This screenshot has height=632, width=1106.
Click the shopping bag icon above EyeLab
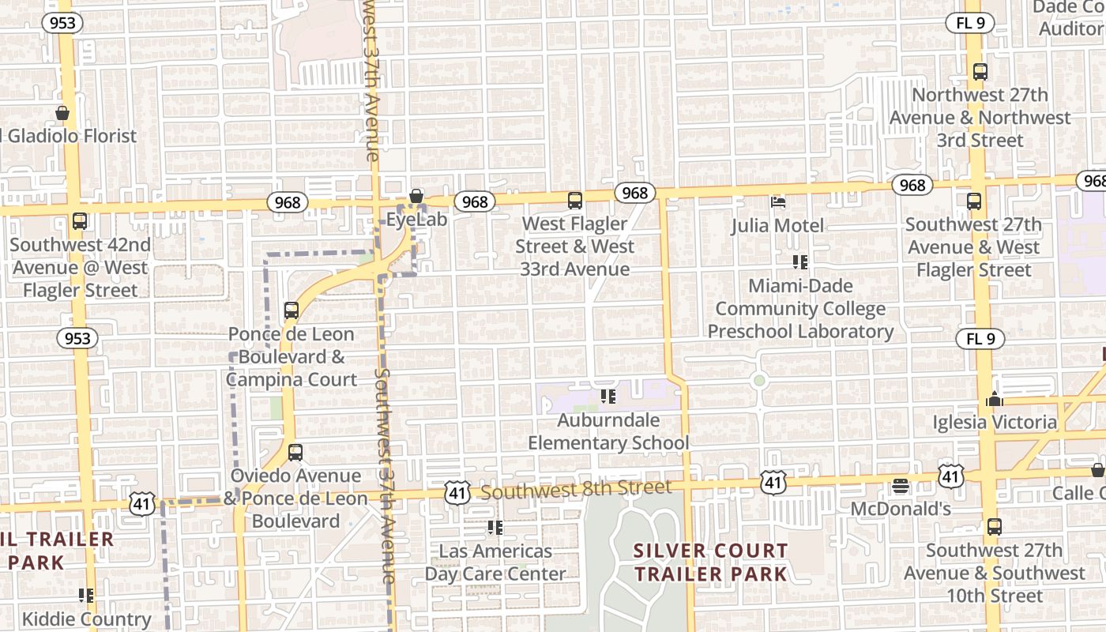(416, 196)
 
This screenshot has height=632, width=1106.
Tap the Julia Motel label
(777, 226)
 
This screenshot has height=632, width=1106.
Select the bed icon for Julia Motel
(778, 202)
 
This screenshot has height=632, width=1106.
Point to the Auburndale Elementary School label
(608, 431)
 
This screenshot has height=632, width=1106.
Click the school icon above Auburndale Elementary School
(608, 397)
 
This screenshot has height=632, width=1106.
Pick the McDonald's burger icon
(901, 486)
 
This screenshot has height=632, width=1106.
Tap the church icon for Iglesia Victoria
(994, 400)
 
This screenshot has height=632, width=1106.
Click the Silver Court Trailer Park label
(711, 562)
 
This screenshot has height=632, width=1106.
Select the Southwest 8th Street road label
(576, 491)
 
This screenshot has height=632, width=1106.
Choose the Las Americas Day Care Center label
(495, 562)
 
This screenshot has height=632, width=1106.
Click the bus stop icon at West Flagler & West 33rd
(575, 201)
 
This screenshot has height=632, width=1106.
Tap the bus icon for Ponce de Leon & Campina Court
(292, 310)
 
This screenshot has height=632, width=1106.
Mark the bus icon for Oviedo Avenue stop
(295, 453)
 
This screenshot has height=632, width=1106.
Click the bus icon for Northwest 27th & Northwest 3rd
(980, 72)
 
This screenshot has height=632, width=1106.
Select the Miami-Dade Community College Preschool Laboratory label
(800, 309)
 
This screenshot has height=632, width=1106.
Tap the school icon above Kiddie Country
(86, 596)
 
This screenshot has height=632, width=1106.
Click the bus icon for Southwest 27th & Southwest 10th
(994, 527)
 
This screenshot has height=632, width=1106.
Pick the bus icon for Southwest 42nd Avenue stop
(79, 221)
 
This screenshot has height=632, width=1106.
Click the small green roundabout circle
(759, 381)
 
